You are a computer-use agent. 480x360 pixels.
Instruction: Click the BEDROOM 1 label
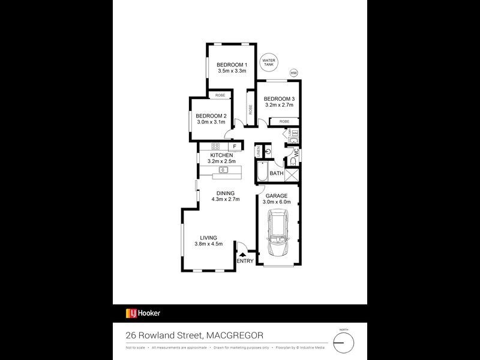tap(232, 64)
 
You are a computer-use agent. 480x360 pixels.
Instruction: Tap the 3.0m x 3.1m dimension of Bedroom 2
tap(212, 122)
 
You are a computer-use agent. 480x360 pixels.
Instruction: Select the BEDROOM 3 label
tap(280, 99)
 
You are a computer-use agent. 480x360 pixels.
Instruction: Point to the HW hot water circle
tap(293, 73)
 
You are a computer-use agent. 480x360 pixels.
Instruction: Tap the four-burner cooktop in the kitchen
tap(215, 146)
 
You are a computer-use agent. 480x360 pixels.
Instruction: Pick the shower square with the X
tap(293, 175)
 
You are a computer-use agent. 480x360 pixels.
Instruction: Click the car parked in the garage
tap(278, 235)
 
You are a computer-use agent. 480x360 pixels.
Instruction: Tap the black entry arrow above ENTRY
tap(243, 254)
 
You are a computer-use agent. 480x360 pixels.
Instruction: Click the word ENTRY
tap(245, 261)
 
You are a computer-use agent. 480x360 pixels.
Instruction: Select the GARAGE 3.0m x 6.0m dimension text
tap(277, 202)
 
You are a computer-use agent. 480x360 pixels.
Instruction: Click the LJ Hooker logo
tap(143, 313)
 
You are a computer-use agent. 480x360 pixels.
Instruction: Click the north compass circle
tap(344, 343)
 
